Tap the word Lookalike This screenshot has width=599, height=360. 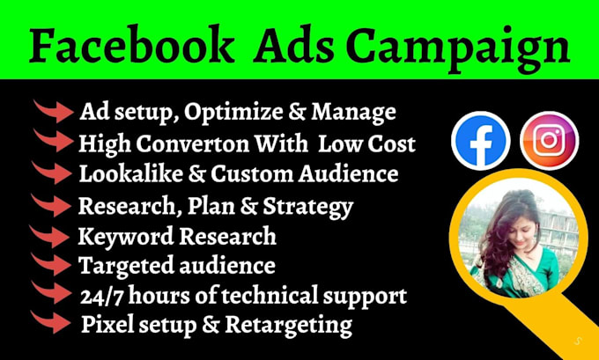(x=125, y=173)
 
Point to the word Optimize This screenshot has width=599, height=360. (x=223, y=113)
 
